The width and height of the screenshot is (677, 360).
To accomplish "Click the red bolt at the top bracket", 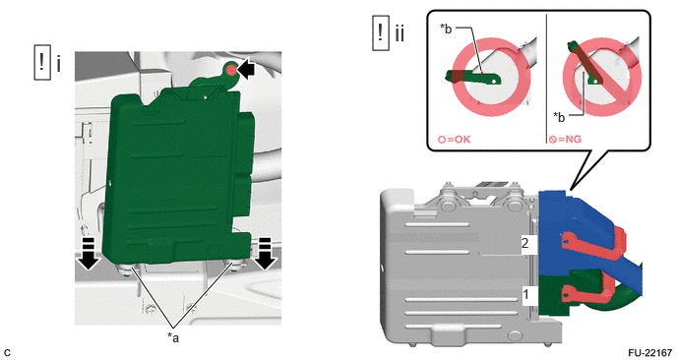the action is pyautogui.click(x=231, y=70).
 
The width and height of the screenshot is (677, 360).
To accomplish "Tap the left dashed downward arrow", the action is pyautogui.click(x=89, y=254).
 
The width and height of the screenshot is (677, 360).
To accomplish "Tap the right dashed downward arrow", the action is pyautogui.click(x=266, y=254).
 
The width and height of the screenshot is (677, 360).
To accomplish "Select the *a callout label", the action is pyautogui.click(x=173, y=337).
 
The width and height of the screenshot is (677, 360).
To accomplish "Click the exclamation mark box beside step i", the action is pyautogui.click(x=42, y=63).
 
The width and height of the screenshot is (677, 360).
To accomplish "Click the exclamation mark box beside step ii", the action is pyautogui.click(x=381, y=32).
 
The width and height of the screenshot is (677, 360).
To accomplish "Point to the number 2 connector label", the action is pyautogui.click(x=525, y=243).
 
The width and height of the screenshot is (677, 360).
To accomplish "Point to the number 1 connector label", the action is pyautogui.click(x=525, y=295).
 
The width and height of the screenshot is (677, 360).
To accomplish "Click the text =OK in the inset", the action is pyautogui.click(x=459, y=140).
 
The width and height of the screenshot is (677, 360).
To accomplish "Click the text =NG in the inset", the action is pyautogui.click(x=570, y=140).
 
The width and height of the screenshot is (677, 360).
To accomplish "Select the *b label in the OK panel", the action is pyautogui.click(x=446, y=29).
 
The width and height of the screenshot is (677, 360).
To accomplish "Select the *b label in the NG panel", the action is pyautogui.click(x=559, y=117).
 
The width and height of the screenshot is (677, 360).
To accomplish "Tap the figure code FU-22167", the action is pyautogui.click(x=650, y=353).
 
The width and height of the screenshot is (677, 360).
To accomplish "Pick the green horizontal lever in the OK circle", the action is pyautogui.click(x=473, y=78).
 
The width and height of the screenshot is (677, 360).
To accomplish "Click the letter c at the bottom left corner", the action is pyautogui.click(x=7, y=353).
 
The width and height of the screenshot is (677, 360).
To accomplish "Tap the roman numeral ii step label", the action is pyautogui.click(x=400, y=33).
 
